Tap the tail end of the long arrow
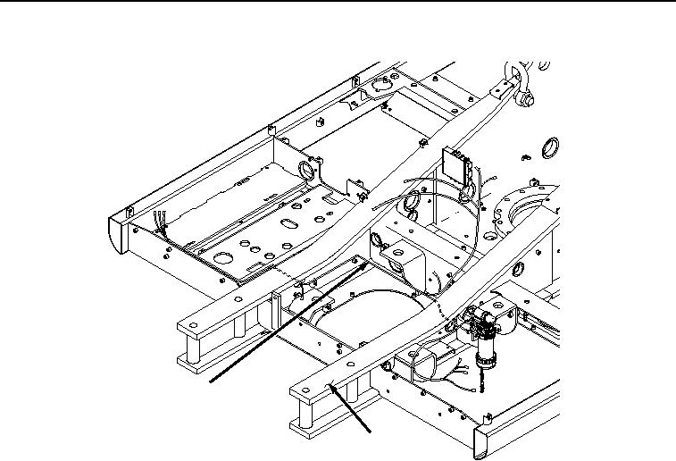[211, 381]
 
